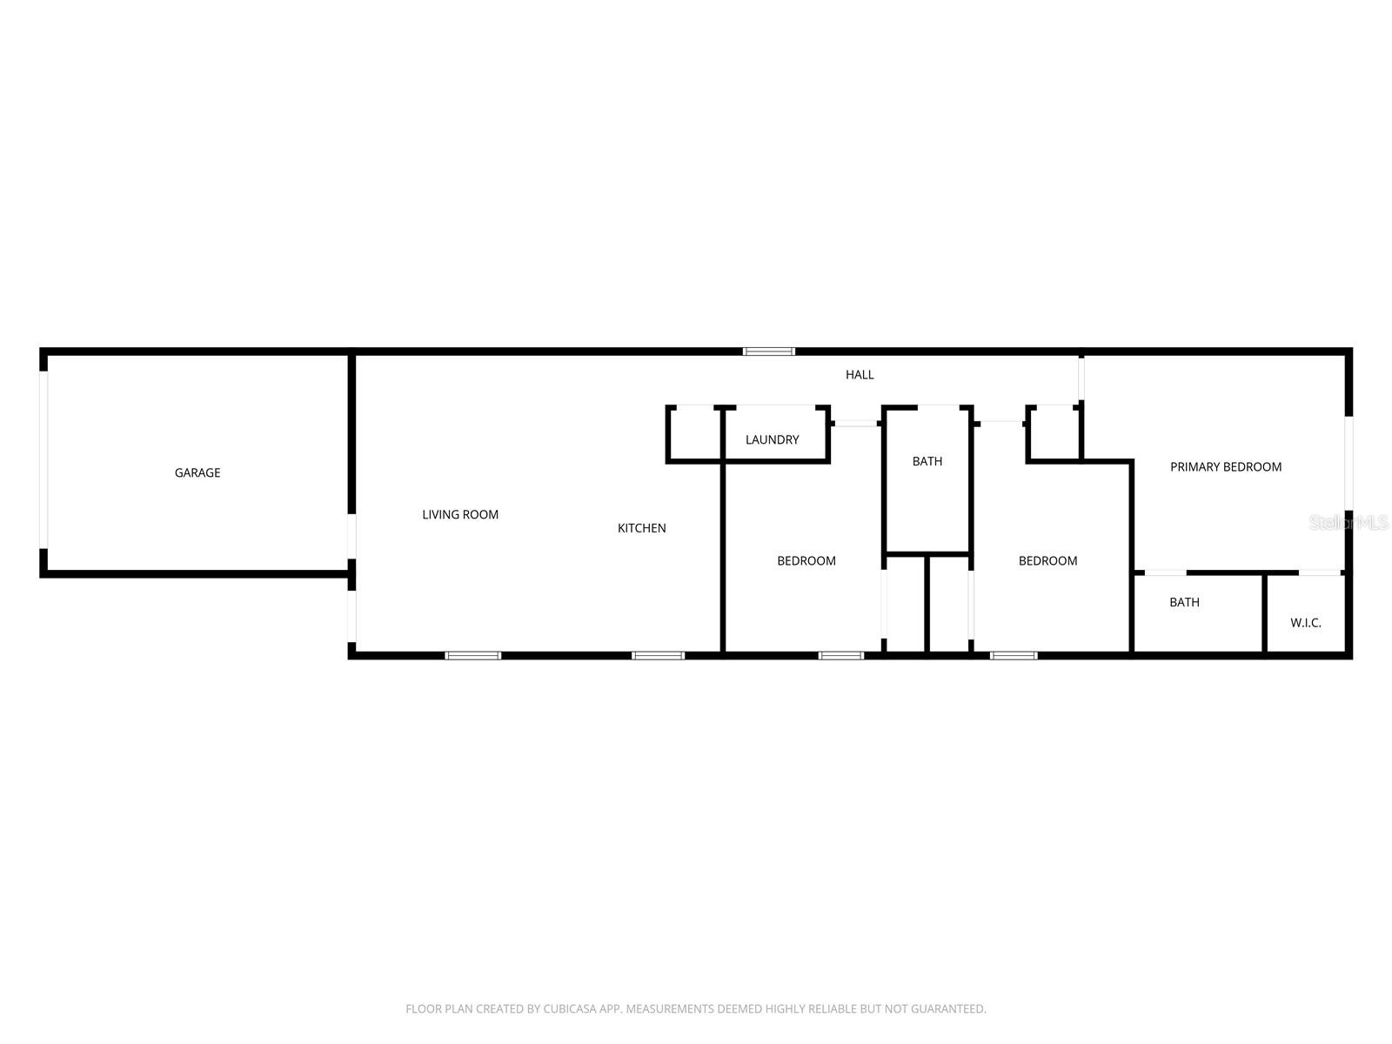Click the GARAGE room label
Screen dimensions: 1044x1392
coord(197,472)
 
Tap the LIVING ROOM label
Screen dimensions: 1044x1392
coord(460,514)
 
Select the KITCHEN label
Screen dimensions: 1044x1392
coord(641,528)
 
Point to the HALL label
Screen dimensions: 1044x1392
coord(860,375)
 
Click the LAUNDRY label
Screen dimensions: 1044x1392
coord(772,439)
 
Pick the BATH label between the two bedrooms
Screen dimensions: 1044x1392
coord(927,461)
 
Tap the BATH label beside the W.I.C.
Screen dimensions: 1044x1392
coord(1184,602)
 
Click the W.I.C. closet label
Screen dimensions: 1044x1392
coord(1305,623)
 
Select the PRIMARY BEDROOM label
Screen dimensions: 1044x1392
coord(1225,467)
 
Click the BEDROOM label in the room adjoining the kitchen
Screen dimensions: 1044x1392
coord(806,561)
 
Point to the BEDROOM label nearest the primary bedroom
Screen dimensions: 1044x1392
coord(1047,561)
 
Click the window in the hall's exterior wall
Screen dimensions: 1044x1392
coord(769,351)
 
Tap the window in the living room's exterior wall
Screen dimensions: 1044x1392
coord(473,655)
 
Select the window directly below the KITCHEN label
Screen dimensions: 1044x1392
coord(658,655)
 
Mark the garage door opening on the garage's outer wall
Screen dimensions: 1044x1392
coord(43,460)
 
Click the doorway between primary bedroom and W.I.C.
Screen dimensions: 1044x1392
coord(1321,572)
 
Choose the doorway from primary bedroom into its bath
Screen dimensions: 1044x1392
coord(1165,572)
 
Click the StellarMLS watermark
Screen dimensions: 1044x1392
coord(1349,523)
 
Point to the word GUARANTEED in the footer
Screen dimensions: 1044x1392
coord(948,1009)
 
